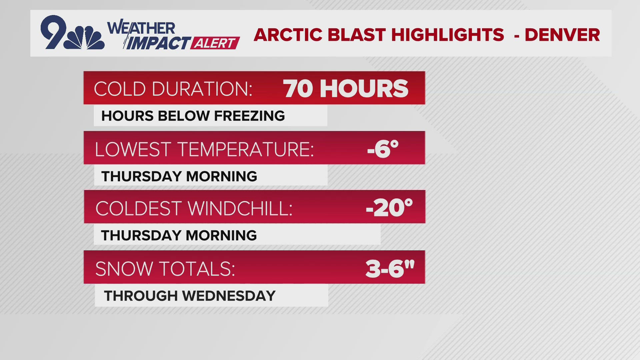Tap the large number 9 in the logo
(53, 32)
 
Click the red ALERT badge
(215, 43)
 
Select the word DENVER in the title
(562, 35)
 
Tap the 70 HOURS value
(346, 89)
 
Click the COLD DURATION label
(173, 89)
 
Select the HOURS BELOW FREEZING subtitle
(193, 116)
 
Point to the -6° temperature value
(383, 149)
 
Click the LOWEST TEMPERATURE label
(204, 149)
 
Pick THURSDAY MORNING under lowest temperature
(179, 176)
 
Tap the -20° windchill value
(389, 208)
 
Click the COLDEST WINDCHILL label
(194, 208)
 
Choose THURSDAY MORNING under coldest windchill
(179, 235)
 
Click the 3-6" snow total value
(390, 268)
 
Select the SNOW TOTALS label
(165, 269)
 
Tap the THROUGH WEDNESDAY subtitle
(190, 296)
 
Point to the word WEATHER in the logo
(141, 28)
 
